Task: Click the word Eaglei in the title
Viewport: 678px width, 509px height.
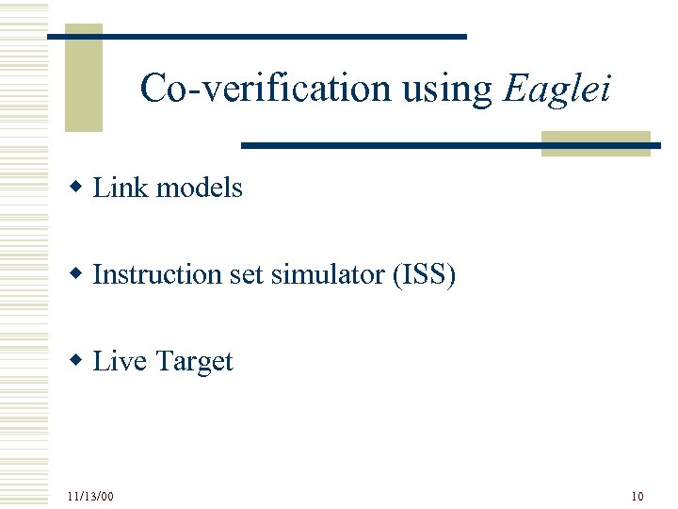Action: click(558, 90)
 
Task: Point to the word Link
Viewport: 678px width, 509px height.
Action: click(121, 188)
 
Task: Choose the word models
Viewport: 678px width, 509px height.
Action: click(199, 188)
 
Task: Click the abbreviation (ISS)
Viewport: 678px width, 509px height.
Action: click(420, 274)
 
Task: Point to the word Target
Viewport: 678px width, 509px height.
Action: click(194, 361)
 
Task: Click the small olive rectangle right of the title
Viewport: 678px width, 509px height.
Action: click(595, 143)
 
